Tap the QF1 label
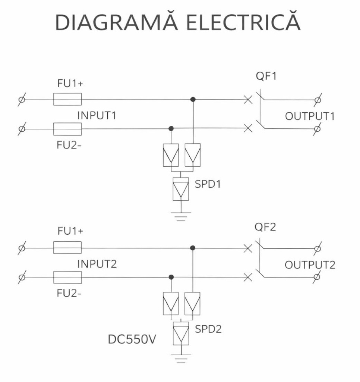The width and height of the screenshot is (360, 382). (266, 76)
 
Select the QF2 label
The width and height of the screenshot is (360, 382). (265, 227)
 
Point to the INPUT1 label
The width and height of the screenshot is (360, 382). (97, 116)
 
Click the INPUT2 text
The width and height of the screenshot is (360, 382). (97, 264)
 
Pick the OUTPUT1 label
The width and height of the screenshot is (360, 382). (310, 116)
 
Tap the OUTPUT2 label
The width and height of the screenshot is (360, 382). (310, 265)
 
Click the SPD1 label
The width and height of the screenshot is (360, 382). (208, 184)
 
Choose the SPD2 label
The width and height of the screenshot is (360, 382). (208, 329)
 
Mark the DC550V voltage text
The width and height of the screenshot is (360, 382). (132, 339)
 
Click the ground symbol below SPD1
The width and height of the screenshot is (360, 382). (181, 217)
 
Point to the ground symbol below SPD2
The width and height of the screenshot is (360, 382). (181, 359)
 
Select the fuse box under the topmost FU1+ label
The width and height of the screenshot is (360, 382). (67, 99)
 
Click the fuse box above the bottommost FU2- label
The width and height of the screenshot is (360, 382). (67, 277)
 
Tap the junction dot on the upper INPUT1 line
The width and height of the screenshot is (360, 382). (193, 99)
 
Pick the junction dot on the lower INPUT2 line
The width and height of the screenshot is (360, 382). (171, 277)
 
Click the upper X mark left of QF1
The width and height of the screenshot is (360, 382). (248, 99)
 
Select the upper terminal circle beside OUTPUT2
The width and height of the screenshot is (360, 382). (317, 248)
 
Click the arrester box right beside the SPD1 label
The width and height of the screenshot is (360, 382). (181, 189)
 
